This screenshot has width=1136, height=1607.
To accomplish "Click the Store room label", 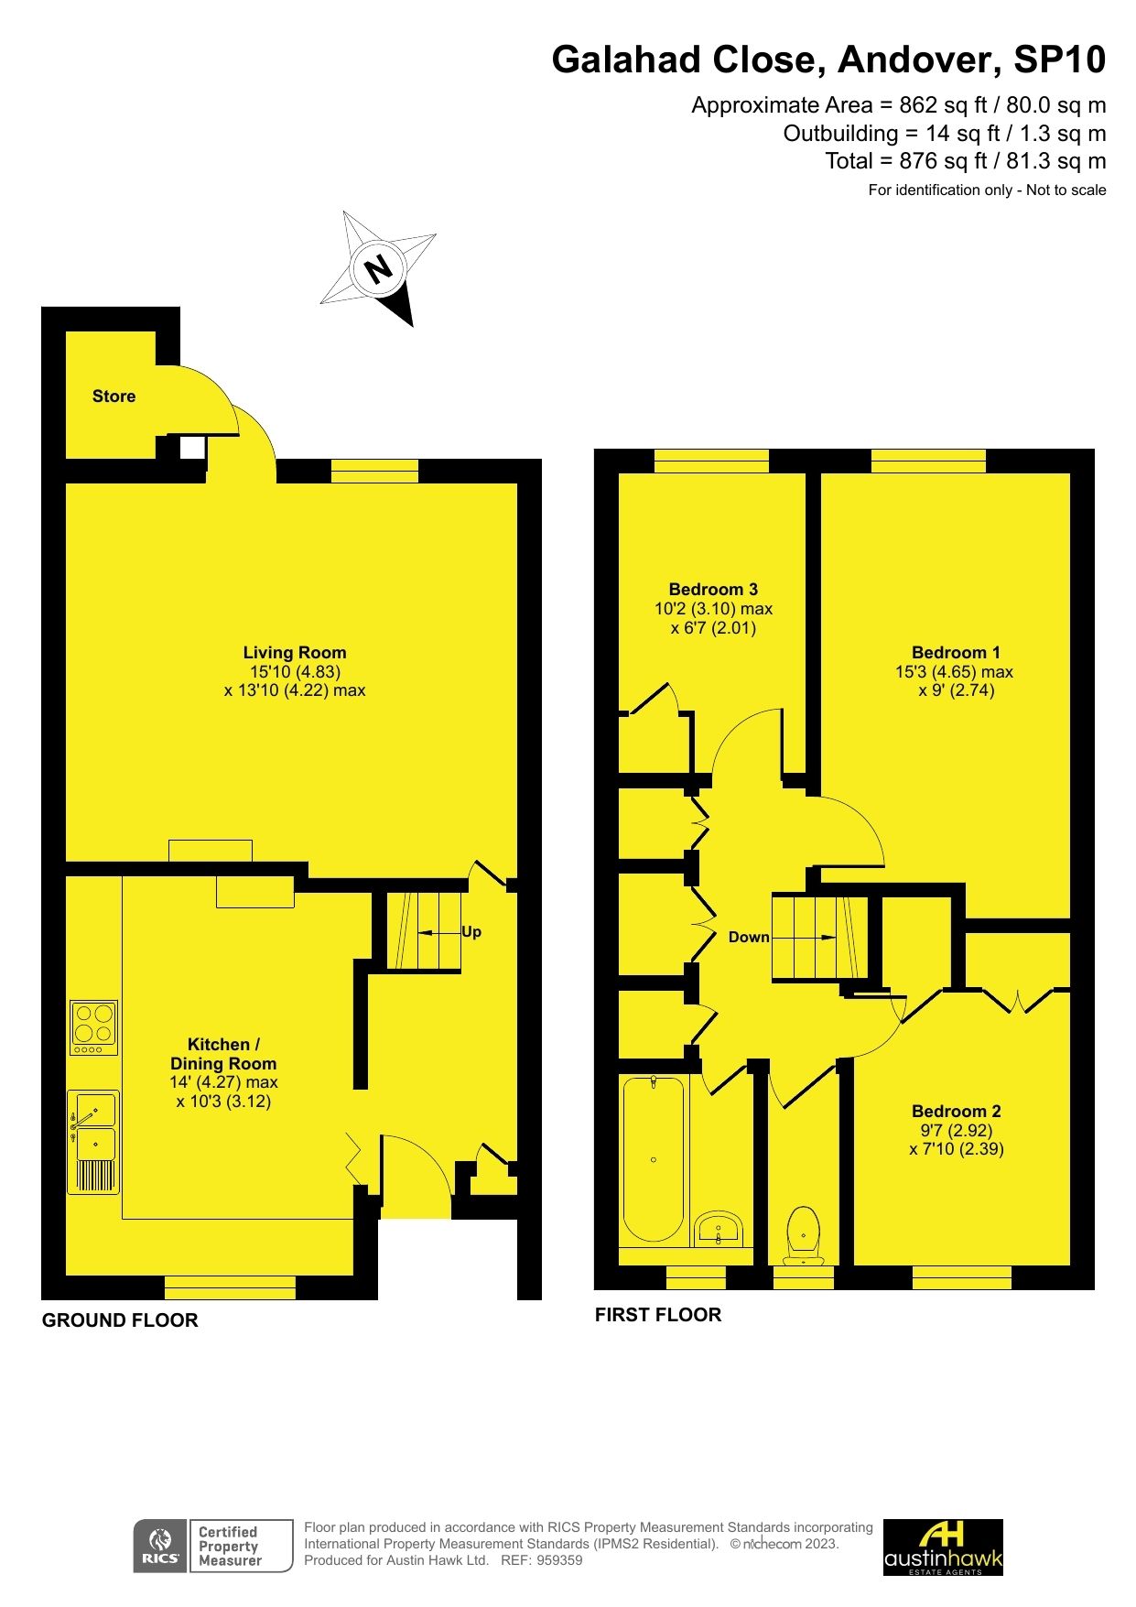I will click(114, 396).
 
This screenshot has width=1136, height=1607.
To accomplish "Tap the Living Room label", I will click(294, 653).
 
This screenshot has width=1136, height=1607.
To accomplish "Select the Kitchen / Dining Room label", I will click(223, 1054).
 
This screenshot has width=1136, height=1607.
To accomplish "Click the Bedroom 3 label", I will click(713, 590).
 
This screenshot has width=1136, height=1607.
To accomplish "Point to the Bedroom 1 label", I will click(956, 653).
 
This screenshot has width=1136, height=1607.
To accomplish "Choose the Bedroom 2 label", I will click(956, 1112).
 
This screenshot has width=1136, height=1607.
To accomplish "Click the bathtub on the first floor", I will click(653, 1158).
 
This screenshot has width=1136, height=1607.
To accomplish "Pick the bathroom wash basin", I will click(719, 1229).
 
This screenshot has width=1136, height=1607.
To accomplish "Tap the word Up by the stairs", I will click(471, 932).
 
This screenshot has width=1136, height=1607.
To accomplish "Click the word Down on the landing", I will click(749, 938).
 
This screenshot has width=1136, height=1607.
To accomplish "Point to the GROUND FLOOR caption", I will click(120, 1320).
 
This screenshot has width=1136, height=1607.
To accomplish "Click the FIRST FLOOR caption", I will click(658, 1315).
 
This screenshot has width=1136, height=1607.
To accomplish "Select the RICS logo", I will click(159, 1547).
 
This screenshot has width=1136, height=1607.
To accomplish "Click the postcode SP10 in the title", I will click(1059, 60).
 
